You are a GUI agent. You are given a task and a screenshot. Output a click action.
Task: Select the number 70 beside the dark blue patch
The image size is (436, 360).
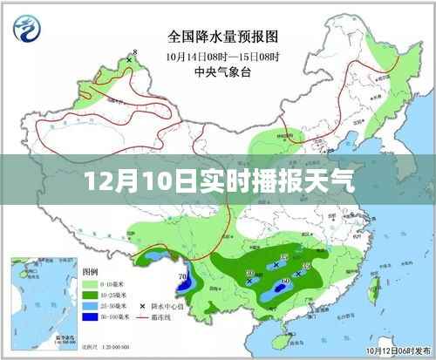coord(182,277)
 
